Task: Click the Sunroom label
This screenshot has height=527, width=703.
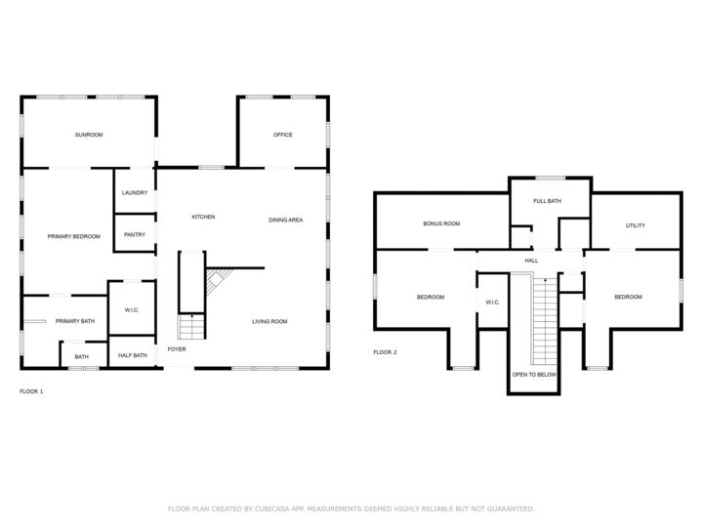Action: [x=89, y=135]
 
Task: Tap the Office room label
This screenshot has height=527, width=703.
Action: [x=283, y=135]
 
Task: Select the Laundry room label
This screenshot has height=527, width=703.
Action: [x=135, y=192]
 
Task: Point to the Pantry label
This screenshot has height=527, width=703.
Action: [x=135, y=234]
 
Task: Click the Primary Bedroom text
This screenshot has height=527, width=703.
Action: [x=74, y=236]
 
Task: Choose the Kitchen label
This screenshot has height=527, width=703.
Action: [x=203, y=217]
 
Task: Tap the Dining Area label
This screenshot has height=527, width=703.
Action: [x=285, y=220]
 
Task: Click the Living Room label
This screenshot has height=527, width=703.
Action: [x=269, y=321]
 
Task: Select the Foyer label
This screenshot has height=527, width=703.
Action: [x=177, y=349]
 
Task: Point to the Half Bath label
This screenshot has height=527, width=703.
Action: [x=133, y=355]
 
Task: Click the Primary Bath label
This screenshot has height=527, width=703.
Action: [x=75, y=321]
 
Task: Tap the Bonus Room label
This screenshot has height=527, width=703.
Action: [x=441, y=223]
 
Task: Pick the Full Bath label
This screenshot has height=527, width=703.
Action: [x=547, y=201]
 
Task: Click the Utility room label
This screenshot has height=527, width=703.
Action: [x=636, y=225]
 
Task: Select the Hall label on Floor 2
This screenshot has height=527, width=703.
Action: [x=531, y=261]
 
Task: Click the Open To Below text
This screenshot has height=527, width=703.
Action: [x=534, y=374]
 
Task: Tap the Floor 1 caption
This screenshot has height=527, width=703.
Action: [x=31, y=391]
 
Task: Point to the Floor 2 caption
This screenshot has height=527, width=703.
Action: [x=385, y=352]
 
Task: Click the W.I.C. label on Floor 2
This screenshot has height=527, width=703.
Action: [x=492, y=303]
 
